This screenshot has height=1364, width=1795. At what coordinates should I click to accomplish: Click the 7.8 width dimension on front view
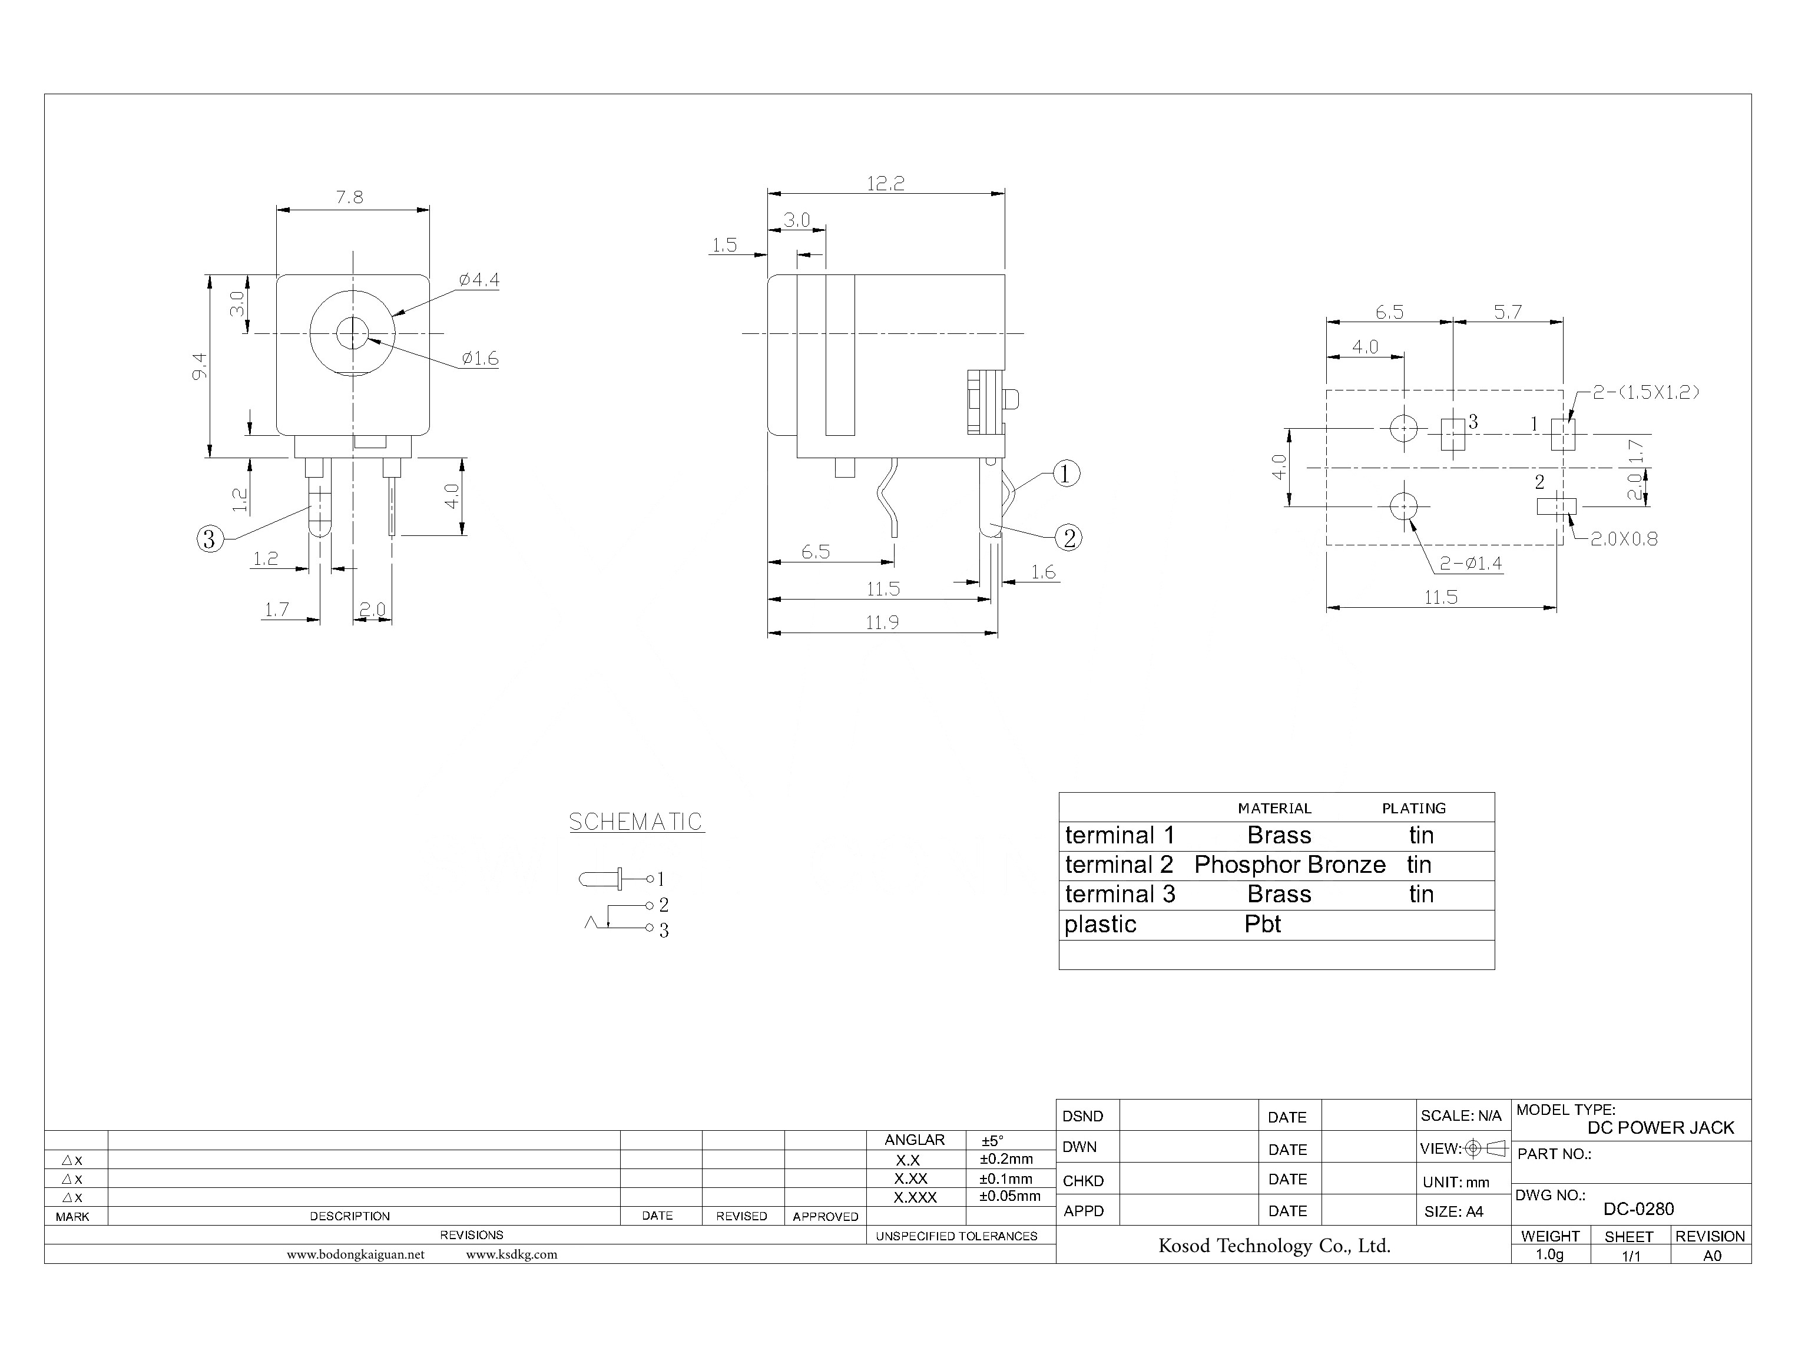[x=350, y=197]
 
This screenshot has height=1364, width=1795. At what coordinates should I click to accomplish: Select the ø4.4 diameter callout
[x=479, y=280]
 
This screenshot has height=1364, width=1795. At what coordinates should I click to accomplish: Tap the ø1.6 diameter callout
[x=480, y=358]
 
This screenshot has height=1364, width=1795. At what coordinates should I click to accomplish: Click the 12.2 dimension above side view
[x=885, y=184]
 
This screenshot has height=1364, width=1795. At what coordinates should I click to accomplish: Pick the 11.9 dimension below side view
[x=882, y=623]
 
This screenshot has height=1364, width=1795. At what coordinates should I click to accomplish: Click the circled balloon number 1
[x=1066, y=474]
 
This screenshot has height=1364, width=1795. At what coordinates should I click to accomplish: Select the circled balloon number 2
[x=1069, y=538]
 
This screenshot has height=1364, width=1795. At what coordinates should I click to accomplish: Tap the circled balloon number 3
[x=210, y=539]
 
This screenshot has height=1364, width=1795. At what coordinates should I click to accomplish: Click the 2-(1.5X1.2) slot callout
[x=1645, y=392]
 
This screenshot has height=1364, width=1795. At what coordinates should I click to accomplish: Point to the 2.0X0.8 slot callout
[x=1624, y=538]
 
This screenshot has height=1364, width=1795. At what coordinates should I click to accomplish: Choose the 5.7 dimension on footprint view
[x=1508, y=312]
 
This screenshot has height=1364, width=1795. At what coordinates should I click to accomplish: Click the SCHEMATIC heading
[x=635, y=822]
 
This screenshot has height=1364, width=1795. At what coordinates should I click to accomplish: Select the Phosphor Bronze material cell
[x=1289, y=865]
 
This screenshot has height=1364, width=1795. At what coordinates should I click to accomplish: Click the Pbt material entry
[x=1263, y=924]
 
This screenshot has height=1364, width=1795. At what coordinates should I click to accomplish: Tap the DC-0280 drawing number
[x=1638, y=1209]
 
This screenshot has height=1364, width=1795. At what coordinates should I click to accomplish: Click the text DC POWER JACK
[x=1660, y=1128]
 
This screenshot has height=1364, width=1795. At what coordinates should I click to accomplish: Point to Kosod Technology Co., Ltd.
[x=1274, y=1246]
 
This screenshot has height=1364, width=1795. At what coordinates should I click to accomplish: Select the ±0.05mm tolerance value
[x=1009, y=1196]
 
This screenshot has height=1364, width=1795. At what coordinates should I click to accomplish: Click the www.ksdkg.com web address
[x=511, y=1254]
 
